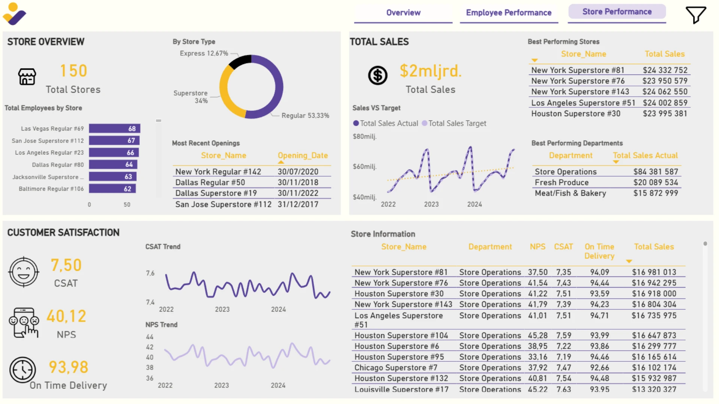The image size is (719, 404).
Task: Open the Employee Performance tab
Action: point(509,13)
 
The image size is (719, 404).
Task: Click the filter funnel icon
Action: point(696,15)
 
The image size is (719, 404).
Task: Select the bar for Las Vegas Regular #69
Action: point(115,129)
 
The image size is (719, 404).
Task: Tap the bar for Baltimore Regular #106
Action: point(112,189)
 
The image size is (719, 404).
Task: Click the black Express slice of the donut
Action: point(240,62)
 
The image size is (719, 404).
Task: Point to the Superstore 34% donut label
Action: point(191,97)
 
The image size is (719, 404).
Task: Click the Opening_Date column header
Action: point(303,155)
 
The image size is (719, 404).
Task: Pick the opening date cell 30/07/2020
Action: point(298,172)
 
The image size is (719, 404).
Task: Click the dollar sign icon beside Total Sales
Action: point(377,75)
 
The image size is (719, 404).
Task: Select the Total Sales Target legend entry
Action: point(454,123)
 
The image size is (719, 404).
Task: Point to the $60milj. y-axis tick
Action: point(364,166)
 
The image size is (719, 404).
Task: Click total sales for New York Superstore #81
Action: point(665,70)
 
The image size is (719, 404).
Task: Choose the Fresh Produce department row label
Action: point(562,183)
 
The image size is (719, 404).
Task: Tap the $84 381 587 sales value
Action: point(656,172)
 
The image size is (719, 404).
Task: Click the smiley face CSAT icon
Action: point(24,272)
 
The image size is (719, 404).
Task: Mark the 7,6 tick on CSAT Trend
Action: point(150,273)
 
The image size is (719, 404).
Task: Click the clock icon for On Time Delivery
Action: point(22,370)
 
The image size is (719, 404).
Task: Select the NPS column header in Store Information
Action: point(538,247)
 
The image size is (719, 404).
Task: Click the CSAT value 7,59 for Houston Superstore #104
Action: point(564,336)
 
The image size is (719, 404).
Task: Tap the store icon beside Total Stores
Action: point(27,77)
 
